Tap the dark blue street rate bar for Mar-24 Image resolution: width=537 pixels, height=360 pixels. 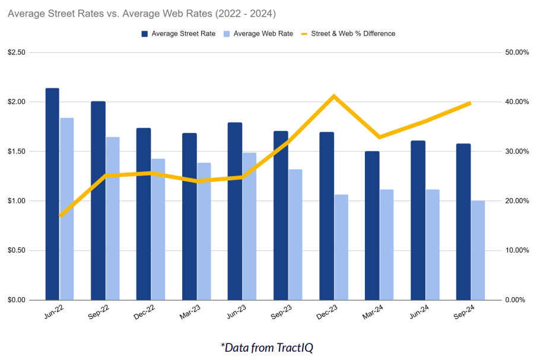click(371, 225)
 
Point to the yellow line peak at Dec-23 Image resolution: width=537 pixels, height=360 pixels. click(334, 96)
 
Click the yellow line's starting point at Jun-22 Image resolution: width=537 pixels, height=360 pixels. click(60, 215)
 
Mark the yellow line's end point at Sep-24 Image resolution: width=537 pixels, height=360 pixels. click(470, 103)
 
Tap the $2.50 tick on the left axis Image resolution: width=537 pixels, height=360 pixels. click(17, 53)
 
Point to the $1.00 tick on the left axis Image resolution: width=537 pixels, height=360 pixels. click(17, 201)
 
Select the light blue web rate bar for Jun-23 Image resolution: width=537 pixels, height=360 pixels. click(250, 226)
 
